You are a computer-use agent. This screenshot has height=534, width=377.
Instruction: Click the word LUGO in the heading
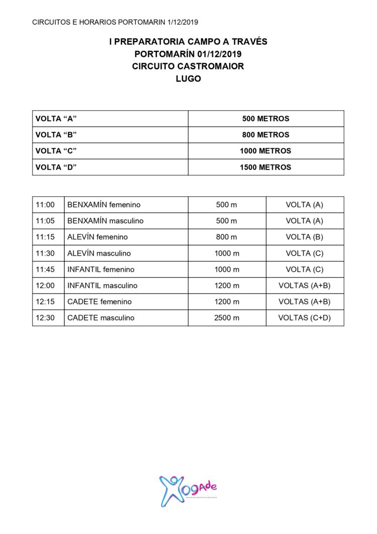point(188,79)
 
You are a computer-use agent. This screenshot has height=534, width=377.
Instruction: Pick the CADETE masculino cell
point(101,318)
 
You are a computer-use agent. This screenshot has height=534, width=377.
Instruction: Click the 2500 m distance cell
point(227,318)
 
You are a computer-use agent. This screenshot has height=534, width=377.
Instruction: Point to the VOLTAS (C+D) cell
point(305,318)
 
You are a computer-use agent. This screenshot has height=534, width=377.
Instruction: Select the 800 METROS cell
point(265,135)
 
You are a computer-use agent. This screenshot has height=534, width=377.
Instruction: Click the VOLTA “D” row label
point(56,167)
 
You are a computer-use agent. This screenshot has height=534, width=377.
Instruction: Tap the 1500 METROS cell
point(265,167)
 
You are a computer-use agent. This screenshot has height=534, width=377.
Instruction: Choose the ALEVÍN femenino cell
point(98,237)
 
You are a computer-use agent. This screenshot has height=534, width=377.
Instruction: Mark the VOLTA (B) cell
point(305,237)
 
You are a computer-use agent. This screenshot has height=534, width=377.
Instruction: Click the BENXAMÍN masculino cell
point(106,221)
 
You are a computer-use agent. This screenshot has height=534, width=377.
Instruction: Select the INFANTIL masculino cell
point(103,285)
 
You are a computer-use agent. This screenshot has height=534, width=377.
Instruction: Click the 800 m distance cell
point(227,237)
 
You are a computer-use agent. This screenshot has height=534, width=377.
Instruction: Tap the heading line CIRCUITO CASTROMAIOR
point(188,66)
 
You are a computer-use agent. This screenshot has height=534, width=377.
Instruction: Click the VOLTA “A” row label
point(56,119)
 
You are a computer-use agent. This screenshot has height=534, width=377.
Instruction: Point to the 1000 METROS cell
point(265,151)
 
